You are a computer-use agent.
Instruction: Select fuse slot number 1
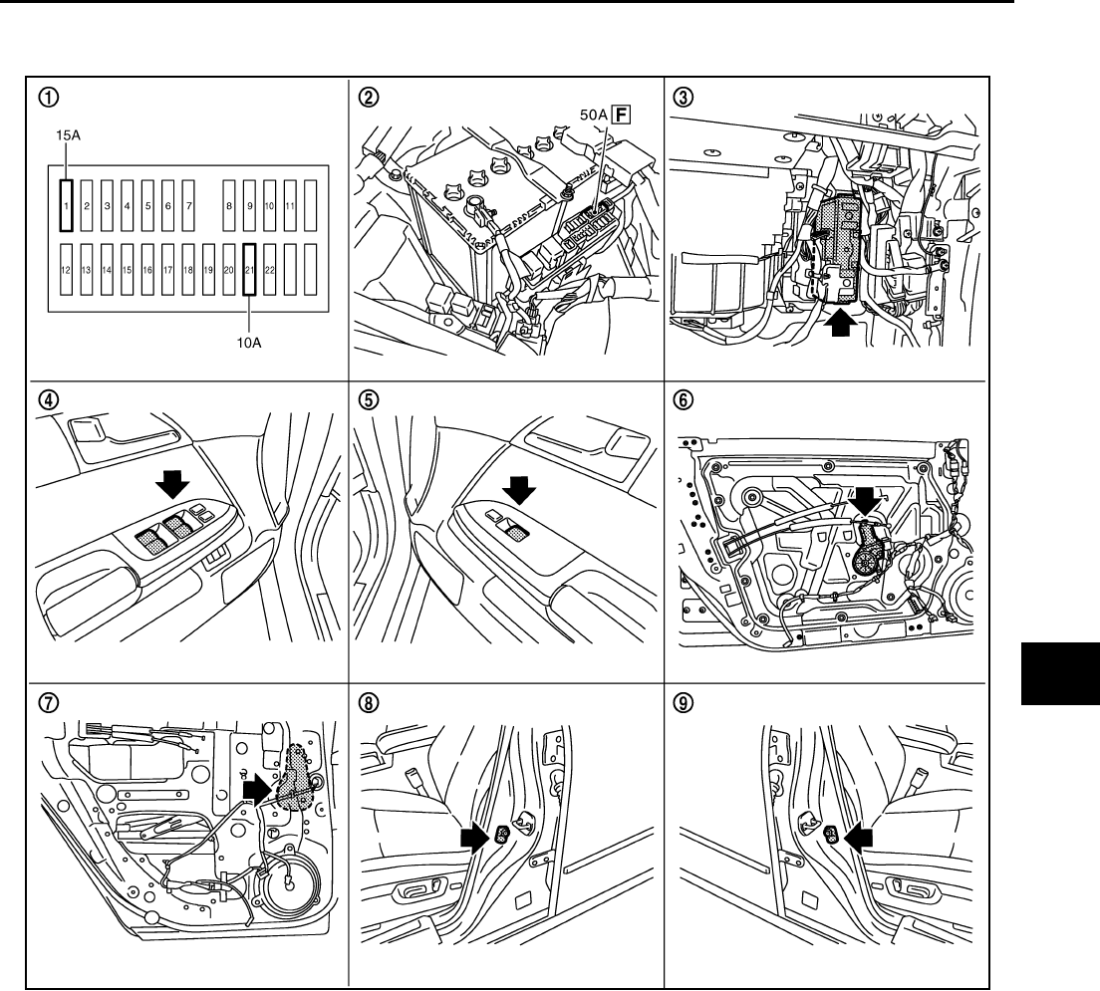pos(66,205)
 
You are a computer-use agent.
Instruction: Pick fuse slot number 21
pos(249,270)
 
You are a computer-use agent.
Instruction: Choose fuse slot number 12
pos(66,270)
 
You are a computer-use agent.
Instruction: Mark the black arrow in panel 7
pos(258,791)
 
